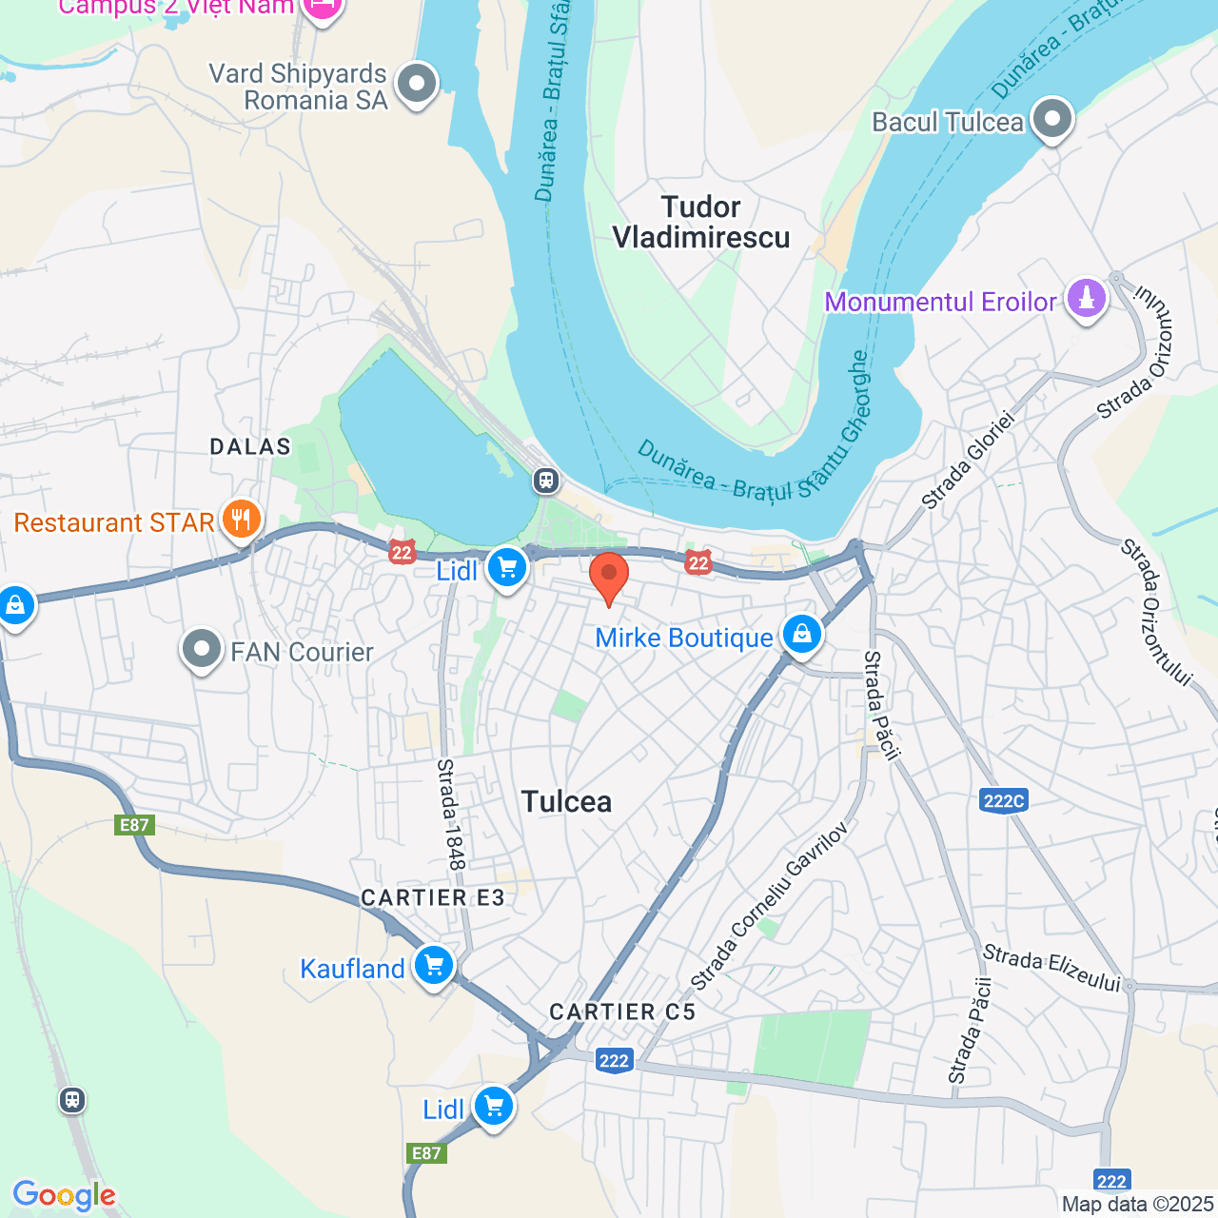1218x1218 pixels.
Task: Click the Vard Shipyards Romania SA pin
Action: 416,84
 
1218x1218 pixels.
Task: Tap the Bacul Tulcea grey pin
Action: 1051,120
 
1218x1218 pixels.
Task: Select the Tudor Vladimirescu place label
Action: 701,222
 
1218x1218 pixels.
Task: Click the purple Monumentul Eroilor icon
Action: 1087,299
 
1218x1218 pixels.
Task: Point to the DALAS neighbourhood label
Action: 250,446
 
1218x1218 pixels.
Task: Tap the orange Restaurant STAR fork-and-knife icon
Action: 242,520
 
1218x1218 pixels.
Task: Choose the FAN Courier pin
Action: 201,650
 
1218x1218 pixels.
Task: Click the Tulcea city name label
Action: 566,801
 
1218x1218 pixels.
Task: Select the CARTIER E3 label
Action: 433,897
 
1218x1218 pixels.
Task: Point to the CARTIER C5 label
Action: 623,1012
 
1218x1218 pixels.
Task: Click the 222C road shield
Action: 1003,800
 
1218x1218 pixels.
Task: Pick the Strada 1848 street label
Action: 451,814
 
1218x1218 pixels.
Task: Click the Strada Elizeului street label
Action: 1051,967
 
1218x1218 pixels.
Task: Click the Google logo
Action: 64,1195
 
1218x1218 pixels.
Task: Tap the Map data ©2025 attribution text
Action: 1138,1205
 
